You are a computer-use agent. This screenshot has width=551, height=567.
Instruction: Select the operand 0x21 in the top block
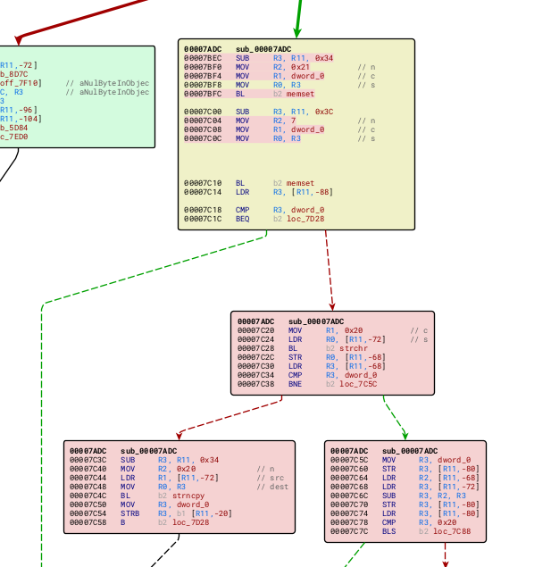(300, 67)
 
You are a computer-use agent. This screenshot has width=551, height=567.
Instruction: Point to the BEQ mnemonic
(242, 219)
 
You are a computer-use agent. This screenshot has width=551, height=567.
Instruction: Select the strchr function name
(354, 348)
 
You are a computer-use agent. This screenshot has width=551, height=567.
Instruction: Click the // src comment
(268, 478)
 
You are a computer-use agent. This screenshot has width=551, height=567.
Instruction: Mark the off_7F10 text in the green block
(21, 83)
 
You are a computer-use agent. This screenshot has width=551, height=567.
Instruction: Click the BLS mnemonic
(388, 531)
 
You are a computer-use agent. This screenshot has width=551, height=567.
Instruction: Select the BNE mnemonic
(295, 384)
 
